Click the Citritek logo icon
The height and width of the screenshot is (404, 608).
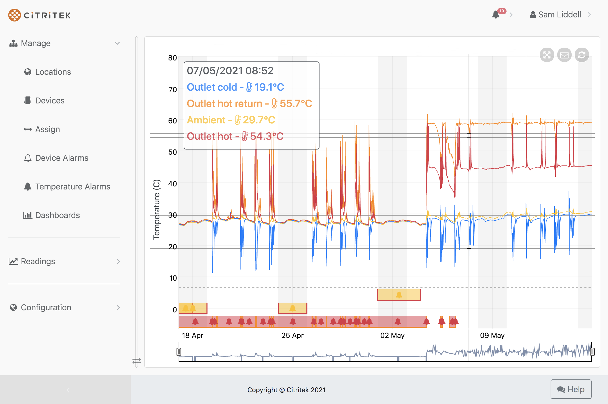point(14,15)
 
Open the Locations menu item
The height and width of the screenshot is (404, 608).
point(53,72)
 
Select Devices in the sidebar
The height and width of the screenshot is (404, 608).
point(50,100)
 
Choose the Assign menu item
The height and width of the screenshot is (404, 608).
point(47,129)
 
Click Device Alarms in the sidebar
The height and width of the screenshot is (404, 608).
point(62,158)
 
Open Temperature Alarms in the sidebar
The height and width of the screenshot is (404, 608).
point(73,187)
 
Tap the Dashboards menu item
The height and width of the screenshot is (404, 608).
point(57,215)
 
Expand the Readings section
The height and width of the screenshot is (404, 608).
point(38,261)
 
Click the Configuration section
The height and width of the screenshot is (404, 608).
point(46,307)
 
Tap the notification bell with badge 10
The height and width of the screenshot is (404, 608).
point(496,15)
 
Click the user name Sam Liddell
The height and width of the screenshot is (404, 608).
point(559,15)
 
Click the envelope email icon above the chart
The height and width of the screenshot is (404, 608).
point(564,55)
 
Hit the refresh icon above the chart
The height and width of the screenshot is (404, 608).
point(582,55)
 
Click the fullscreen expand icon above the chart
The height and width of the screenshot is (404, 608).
point(547,55)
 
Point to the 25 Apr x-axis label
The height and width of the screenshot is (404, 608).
point(292,335)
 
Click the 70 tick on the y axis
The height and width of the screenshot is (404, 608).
point(172,90)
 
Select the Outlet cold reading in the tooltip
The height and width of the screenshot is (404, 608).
point(235,87)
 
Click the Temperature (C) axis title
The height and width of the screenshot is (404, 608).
point(157,209)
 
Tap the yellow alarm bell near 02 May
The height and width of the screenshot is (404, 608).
point(399,295)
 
